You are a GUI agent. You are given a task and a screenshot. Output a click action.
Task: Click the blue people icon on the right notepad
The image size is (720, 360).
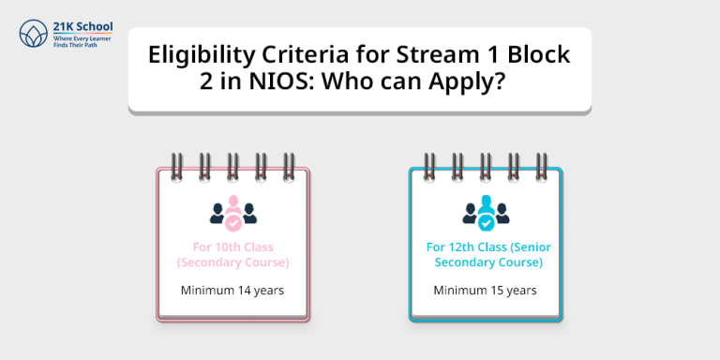pyautogui.click(x=485, y=214)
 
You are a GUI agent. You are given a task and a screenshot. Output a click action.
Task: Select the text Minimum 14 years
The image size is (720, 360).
pyautogui.click(x=232, y=291)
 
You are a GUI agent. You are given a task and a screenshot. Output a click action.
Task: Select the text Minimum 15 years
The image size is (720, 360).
pyautogui.click(x=485, y=291)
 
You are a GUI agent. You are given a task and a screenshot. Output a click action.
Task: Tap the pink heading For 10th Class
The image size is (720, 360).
pyautogui.click(x=232, y=247)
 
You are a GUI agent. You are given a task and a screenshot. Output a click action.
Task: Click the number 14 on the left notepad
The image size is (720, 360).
pyautogui.click(x=244, y=291)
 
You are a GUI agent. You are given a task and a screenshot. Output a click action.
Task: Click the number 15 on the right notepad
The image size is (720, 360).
pyautogui.click(x=496, y=291)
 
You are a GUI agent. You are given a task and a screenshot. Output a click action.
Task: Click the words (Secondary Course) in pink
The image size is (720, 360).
pyautogui.click(x=232, y=262)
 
